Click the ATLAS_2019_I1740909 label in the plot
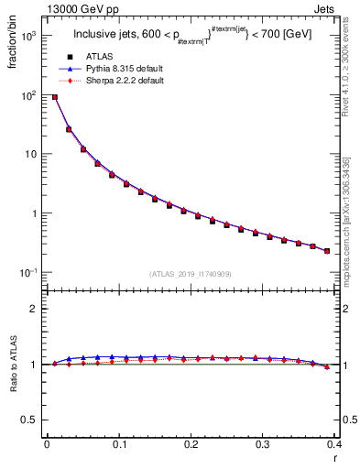[191, 273]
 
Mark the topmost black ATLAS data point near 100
[55, 97]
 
